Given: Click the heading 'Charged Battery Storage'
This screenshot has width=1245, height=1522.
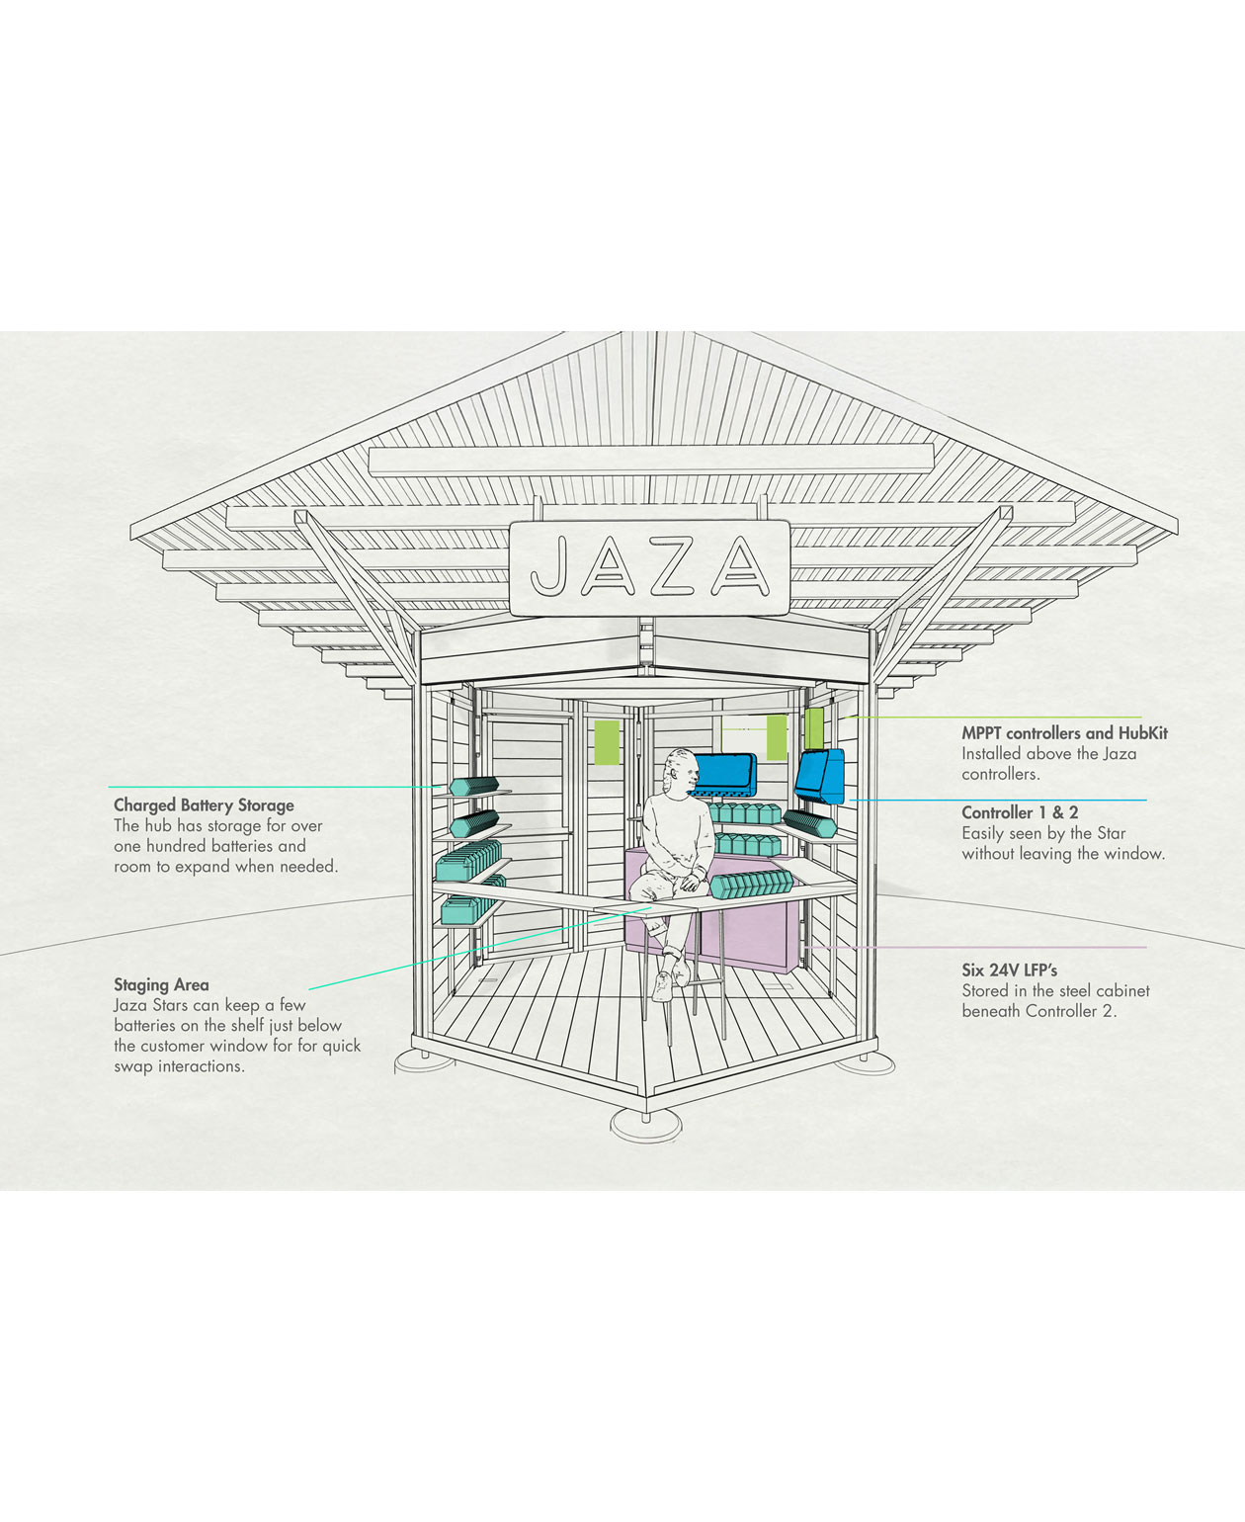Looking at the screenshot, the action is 204,805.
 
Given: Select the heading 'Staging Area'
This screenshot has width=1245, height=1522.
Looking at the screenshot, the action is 161,984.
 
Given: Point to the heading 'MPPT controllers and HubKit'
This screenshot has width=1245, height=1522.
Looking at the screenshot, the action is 1064,733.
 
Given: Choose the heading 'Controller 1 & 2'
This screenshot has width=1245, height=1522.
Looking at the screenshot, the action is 1020,812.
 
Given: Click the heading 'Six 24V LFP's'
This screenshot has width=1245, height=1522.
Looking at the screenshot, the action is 1009,970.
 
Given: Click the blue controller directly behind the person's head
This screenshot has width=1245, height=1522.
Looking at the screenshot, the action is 725,773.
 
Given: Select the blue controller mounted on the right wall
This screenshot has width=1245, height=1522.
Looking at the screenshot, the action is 821,776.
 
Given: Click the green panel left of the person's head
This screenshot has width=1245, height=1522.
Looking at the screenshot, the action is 607,742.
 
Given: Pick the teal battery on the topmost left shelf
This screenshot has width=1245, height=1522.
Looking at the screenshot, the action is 474,786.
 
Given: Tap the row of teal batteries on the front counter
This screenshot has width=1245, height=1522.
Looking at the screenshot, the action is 751,884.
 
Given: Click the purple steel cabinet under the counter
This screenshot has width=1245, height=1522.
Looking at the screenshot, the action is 751,931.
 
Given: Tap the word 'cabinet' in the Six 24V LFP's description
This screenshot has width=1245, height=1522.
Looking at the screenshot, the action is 1120,991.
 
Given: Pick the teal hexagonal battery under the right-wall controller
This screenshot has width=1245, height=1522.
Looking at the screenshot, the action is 810,823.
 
